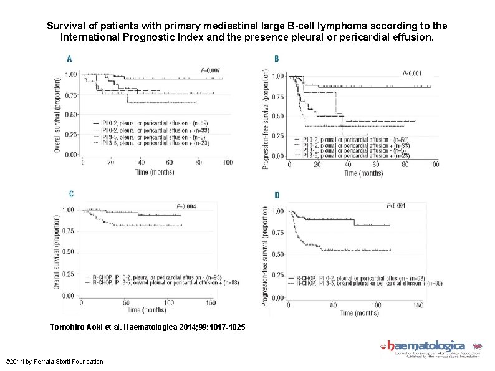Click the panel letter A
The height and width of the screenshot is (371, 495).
69,59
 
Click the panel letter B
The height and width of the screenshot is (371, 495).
276,59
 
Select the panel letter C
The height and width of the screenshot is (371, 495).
70,193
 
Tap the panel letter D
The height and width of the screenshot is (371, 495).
277,195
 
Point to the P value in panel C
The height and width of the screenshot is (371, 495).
186,206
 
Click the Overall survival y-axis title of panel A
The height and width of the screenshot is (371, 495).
57,112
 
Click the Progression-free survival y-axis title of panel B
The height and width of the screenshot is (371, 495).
266,118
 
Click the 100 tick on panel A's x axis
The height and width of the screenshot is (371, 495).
227,163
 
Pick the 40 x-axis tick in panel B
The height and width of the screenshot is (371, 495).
347,165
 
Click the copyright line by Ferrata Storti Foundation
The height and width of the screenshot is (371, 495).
54,362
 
